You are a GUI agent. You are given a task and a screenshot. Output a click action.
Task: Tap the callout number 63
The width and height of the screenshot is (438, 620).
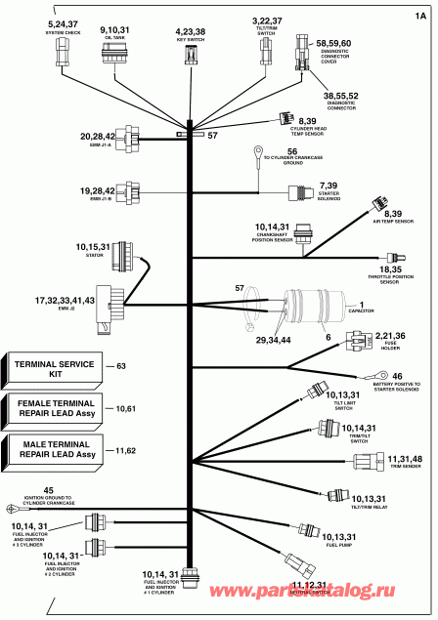pos(122,367)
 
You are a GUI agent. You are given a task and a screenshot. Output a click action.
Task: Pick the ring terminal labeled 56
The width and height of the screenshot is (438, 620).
pos(255,151)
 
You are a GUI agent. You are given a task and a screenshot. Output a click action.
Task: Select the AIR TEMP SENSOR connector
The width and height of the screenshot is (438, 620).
pos(374,204)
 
